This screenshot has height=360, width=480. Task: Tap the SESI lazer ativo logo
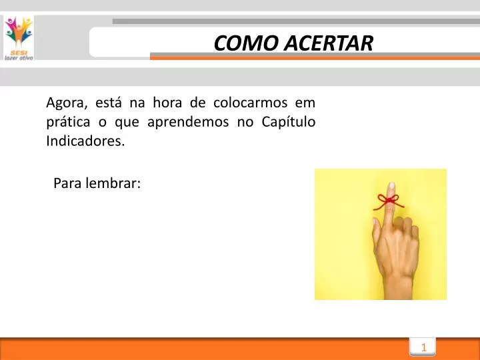18,37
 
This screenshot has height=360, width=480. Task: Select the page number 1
423,347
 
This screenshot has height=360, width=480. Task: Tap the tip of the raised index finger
391,186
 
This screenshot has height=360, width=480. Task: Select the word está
109,103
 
